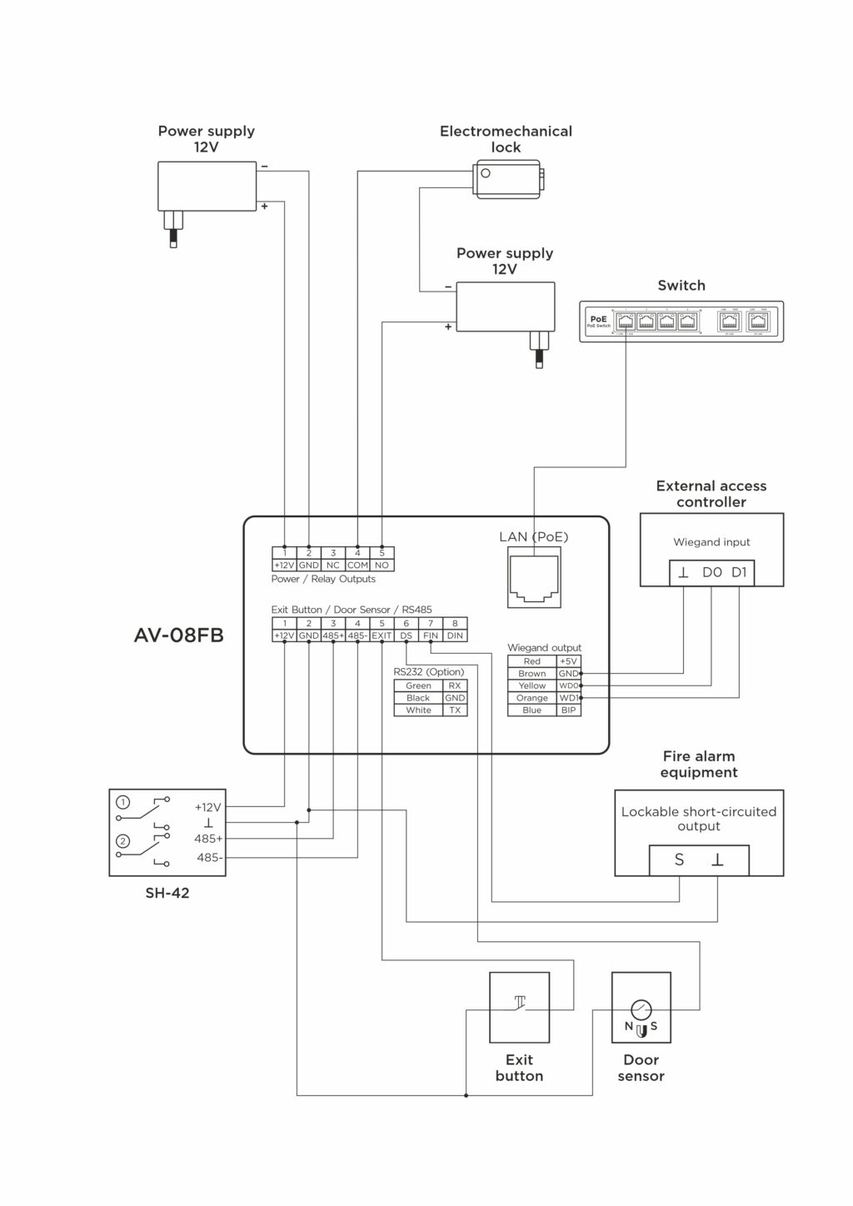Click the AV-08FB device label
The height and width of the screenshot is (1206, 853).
[178, 635]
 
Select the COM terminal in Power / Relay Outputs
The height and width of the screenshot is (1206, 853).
[357, 566]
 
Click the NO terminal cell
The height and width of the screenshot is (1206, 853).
[382, 566]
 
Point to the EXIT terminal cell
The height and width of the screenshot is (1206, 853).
[382, 635]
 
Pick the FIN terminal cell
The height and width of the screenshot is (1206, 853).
[431, 635]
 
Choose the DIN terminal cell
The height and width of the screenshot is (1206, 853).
[455, 635]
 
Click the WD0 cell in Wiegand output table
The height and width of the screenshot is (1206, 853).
[568, 685]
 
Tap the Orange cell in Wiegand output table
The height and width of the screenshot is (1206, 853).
[531, 698]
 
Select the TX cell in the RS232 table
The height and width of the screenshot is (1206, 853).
[455, 710]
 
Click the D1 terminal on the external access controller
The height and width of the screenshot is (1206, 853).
[739, 573]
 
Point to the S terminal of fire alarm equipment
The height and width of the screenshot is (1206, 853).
[679, 860]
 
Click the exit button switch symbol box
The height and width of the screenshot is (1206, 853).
[519, 1007]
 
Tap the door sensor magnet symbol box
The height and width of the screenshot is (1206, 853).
[641, 1007]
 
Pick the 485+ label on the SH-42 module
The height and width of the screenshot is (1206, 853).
[208, 839]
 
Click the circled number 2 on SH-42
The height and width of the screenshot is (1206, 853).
[123, 840]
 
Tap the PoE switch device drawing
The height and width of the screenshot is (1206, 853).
[681, 321]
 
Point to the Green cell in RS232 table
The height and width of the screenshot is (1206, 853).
[418, 685]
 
